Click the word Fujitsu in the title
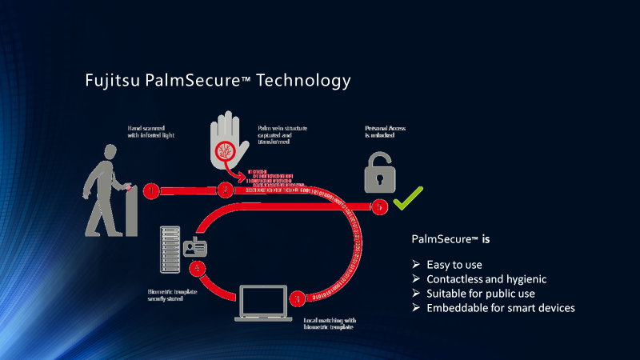point(113,82)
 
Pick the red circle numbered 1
point(151,191)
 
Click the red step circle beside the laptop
point(298,298)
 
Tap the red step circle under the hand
point(227,191)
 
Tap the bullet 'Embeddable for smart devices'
point(499,308)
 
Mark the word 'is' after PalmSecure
point(485,238)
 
